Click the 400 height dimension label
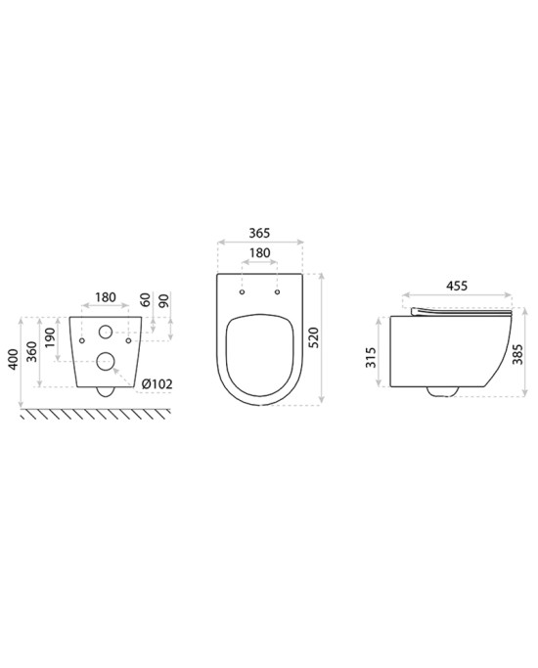coord(14,359)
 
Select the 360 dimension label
coord(32,351)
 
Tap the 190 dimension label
coord(50,337)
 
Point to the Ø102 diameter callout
coord(157,384)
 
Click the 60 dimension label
coord(146,299)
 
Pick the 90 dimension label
coord(164,300)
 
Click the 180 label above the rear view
coord(106,297)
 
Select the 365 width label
coord(259,233)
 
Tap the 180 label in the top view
coord(259,253)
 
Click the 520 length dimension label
coord(314,337)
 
